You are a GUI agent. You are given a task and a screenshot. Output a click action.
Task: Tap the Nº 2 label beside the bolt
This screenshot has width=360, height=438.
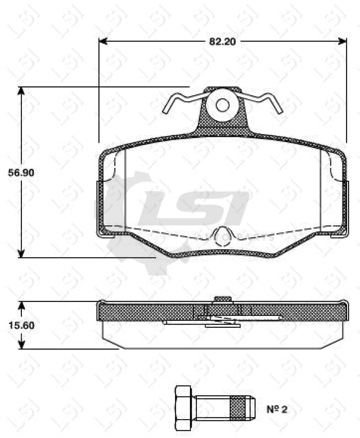pos(277,409)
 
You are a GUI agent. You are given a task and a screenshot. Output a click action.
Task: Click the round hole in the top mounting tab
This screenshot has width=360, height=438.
pos(222,104)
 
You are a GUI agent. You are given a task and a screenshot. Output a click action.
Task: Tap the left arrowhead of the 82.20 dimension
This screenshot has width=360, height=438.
pos(102,41)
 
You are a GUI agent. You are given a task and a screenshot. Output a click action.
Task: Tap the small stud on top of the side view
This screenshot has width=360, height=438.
pos(223,298)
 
